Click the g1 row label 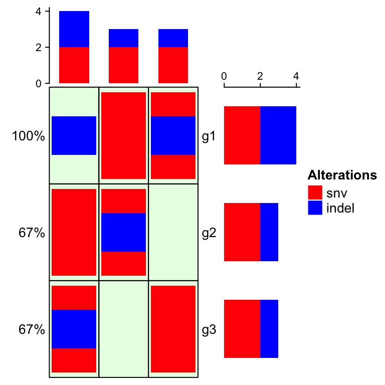(x=209, y=136)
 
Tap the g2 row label (x=209, y=233)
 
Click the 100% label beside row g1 (x=29, y=136)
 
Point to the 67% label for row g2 (x=32, y=233)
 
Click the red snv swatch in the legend (x=315, y=193)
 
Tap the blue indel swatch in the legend (x=315, y=208)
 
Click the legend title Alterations (x=342, y=175)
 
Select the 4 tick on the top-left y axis (x=39, y=11)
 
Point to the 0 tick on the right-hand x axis (x=224, y=76)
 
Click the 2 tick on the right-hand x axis (x=260, y=76)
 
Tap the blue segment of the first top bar (x=74, y=29)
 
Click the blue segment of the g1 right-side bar (x=278, y=135)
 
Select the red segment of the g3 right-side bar (x=242, y=329)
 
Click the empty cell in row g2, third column (x=173, y=232)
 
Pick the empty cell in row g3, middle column (x=124, y=329)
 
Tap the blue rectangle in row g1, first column (x=74, y=135)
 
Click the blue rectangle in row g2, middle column (x=123, y=232)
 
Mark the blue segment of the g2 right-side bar (x=269, y=232)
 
